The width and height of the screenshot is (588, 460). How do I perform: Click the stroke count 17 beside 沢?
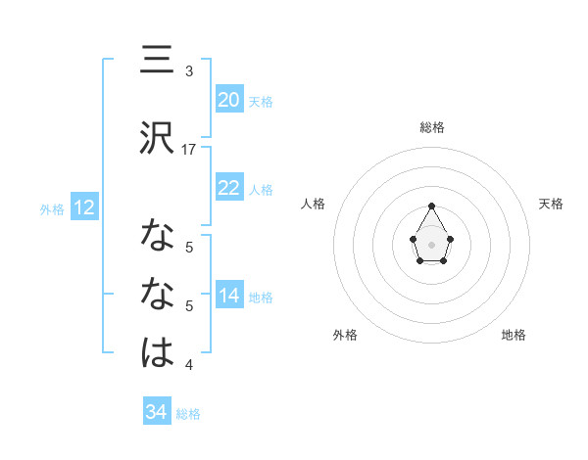coord(190,150)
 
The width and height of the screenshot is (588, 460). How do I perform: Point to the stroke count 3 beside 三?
coord(189,71)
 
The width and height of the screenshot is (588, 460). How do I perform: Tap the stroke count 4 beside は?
coord(189,365)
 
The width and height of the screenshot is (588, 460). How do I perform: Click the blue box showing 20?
coord(229,100)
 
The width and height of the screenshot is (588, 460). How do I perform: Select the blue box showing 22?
coord(229,188)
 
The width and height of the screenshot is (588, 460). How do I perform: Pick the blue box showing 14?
coord(229,296)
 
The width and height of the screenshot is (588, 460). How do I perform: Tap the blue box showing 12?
coord(83,207)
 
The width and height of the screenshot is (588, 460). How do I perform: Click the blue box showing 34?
coord(157,412)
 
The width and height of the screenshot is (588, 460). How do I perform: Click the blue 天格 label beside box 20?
coord(261,101)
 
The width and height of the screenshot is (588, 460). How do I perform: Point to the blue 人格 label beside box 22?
coord(261,189)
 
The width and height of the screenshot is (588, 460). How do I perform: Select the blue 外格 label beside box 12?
coord(52,208)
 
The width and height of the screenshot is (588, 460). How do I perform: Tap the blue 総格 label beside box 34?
coord(188,413)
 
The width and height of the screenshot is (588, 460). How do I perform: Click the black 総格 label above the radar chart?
coord(431,127)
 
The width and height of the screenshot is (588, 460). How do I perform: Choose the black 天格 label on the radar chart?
coord(551,204)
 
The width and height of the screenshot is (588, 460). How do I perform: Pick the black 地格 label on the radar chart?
coord(514,335)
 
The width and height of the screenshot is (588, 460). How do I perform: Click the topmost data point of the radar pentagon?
coord(431,206)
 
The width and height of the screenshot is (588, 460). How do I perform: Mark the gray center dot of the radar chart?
coord(431,243)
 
